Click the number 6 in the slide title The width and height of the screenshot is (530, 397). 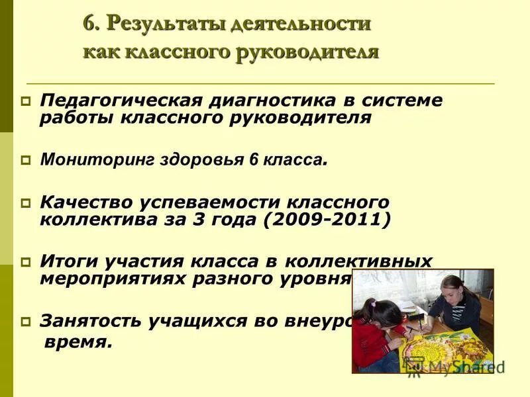pyautogui.click(x=89, y=24)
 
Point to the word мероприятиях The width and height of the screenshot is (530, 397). pyautogui.click(x=112, y=279)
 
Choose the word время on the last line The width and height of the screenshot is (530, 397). pyautogui.click(x=78, y=343)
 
